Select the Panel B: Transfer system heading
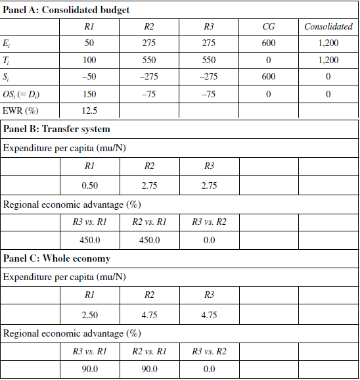click(56, 129)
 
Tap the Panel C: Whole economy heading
click(56, 258)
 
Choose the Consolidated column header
click(328, 27)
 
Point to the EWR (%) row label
click(22, 111)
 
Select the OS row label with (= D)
click(30, 94)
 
